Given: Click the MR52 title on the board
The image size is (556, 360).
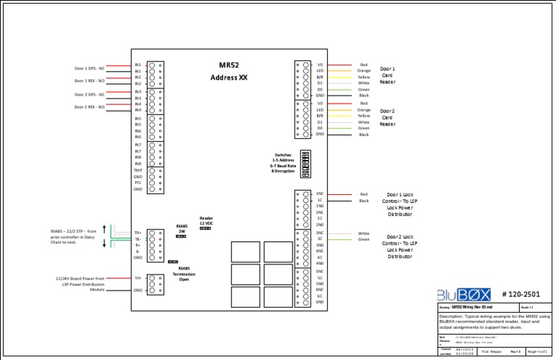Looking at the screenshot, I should coord(229,64).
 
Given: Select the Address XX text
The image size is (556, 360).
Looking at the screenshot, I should coord(229,77).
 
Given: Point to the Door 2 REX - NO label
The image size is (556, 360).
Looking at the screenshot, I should coord(90,106).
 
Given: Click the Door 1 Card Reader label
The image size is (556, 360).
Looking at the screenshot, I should coord(387,76).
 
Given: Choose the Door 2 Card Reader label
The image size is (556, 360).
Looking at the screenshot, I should coord(387,117).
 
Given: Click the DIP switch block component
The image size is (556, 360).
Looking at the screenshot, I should coord(305,160).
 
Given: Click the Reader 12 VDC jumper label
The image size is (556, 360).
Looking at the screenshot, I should coord(206,221).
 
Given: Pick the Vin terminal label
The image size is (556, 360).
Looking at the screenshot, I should coord(138,277).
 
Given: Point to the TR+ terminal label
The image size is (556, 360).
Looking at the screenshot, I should coord(137,233).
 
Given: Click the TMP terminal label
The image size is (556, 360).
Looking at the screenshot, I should coord(138,170).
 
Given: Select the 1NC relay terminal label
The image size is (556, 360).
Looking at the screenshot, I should coord(319,193).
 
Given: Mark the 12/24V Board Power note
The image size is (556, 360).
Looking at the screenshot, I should coord(80,283).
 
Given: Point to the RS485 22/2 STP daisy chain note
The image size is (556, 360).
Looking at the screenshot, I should coord(74,237).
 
